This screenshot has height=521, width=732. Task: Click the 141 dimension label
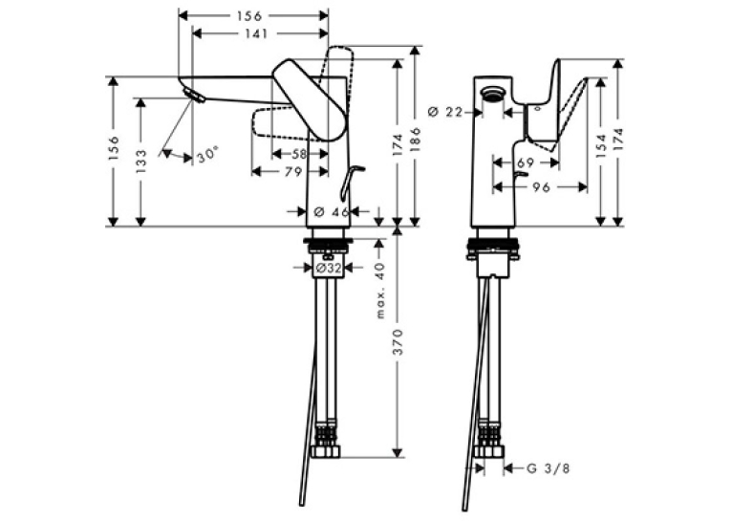point(255,33)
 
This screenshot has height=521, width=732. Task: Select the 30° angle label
point(207,154)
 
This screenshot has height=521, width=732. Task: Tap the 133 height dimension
point(141,162)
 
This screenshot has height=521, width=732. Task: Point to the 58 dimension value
point(299,154)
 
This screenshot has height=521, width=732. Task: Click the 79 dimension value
point(293,172)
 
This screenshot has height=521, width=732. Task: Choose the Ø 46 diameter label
point(332,212)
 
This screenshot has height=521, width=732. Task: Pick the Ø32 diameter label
point(329,268)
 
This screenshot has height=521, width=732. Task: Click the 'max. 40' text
point(380,291)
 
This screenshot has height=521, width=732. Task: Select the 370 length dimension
point(398,341)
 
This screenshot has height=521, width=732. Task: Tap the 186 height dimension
point(415,139)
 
